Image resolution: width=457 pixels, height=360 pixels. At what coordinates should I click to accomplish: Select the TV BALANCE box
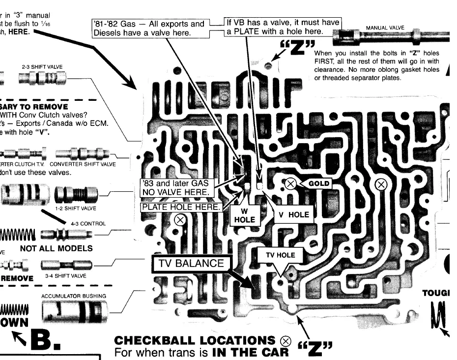(191, 264)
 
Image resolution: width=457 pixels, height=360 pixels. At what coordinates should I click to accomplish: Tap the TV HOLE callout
(281, 255)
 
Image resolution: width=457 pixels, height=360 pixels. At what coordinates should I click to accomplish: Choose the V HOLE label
(294, 214)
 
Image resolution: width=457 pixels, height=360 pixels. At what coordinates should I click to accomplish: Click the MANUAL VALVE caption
(385, 28)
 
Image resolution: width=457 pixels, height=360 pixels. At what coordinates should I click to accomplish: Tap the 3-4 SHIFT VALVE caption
(65, 276)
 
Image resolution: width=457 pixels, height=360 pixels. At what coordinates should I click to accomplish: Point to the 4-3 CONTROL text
(88, 223)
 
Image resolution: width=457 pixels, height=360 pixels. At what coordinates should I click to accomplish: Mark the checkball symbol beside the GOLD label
(290, 184)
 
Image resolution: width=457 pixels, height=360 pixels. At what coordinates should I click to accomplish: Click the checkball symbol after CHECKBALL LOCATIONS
(286, 341)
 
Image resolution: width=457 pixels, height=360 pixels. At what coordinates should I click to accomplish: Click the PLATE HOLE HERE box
(181, 207)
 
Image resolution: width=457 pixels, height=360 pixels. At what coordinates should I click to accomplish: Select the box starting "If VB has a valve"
(282, 27)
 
